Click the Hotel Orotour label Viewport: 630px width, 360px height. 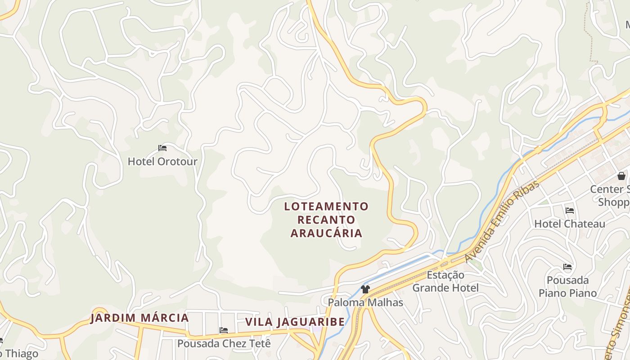click(x=162, y=161)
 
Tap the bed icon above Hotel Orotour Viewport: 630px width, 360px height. click(x=162, y=148)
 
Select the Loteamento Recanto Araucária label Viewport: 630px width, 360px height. click(x=326, y=220)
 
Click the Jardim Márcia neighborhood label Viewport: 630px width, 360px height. click(x=139, y=318)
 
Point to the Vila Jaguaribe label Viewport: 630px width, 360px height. click(x=295, y=322)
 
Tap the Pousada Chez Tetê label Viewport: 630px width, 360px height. click(x=224, y=343)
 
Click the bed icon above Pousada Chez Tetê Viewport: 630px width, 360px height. click(x=224, y=330)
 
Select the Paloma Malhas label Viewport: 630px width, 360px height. click(x=365, y=302)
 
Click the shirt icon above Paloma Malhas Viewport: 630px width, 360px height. click(x=365, y=289)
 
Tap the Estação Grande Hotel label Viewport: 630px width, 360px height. click(x=445, y=281)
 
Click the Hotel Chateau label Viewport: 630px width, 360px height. click(x=570, y=224)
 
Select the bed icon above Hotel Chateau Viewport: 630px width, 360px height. click(x=570, y=210)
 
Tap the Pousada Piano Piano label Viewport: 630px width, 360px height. click(x=568, y=287)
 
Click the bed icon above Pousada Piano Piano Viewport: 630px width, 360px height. click(x=567, y=267)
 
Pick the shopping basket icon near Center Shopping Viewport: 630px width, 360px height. click(x=621, y=176)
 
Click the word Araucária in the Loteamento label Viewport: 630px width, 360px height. click(x=326, y=233)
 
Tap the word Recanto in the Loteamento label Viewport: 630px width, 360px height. click(x=326, y=220)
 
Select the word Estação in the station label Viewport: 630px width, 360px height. click(x=445, y=275)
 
